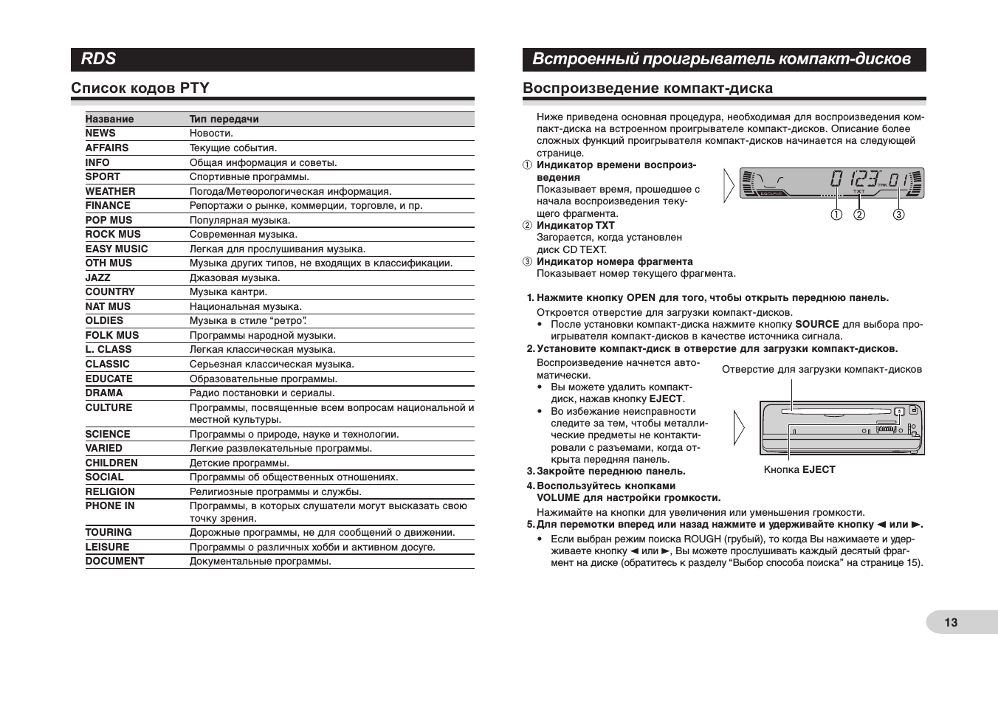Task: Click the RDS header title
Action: [x=99, y=59]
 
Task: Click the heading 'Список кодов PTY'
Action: [x=140, y=89]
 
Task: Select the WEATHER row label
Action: [x=110, y=191]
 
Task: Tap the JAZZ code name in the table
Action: [x=97, y=277]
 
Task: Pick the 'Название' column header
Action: [x=109, y=119]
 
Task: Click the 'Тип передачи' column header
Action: [x=224, y=119]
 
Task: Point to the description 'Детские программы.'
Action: [x=239, y=463]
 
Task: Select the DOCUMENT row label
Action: [x=114, y=561]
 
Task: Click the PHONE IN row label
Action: [x=109, y=506]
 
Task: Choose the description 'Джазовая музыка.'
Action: [x=235, y=277]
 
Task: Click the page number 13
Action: [x=951, y=622]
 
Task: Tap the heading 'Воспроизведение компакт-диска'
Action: [x=647, y=89]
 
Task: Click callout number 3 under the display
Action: [x=898, y=215]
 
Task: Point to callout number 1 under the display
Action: [x=836, y=215]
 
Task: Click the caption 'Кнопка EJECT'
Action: [x=799, y=469]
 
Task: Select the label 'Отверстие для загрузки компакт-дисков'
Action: [x=822, y=370]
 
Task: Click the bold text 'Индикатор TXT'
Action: [x=575, y=226]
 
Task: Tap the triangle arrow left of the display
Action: [x=729, y=184]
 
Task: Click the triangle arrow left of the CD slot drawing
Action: [x=739, y=428]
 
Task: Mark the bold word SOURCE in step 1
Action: [x=816, y=324]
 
